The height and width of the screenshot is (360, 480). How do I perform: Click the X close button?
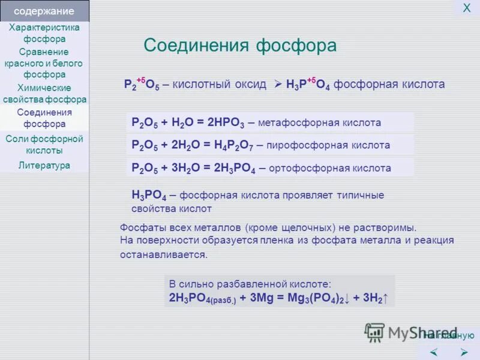466,8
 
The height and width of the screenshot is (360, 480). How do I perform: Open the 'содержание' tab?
44,11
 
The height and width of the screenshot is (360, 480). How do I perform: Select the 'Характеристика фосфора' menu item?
44,33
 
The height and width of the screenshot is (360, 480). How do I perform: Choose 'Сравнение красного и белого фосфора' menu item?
44,63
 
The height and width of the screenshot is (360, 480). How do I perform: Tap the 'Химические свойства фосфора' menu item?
44,94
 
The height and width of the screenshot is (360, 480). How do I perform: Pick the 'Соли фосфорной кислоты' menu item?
44,145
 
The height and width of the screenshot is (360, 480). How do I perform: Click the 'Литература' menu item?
44,166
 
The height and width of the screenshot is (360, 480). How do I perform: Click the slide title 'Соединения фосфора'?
240,46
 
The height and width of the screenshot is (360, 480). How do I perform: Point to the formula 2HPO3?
226,123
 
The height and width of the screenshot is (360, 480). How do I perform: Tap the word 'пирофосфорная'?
298,145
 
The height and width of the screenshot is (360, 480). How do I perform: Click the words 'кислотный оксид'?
219,84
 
